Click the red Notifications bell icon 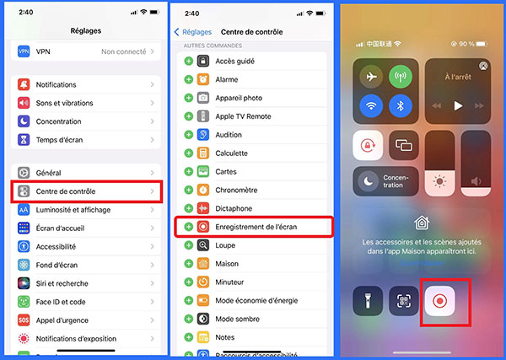[x=24, y=85]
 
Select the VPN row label [x=44, y=51]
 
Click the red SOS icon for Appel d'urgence [x=24, y=320]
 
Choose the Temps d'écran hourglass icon [x=24, y=140]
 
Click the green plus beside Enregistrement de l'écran [x=189, y=227]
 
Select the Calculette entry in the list [x=232, y=153]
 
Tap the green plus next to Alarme [x=189, y=79]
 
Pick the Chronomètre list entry [x=237, y=191]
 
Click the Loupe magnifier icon [x=203, y=245]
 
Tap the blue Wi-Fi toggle [x=369, y=106]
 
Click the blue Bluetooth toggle [x=401, y=106]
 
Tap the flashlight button [x=368, y=302]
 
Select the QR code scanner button [x=404, y=302]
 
